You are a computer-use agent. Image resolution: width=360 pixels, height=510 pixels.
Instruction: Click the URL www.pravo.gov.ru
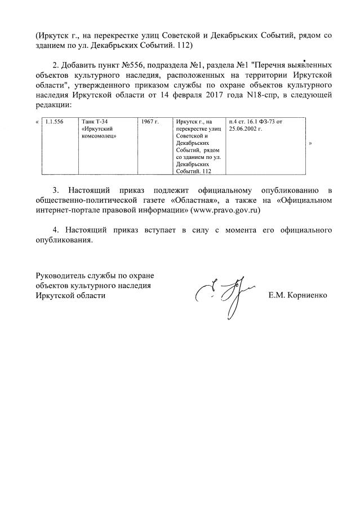click(225, 209)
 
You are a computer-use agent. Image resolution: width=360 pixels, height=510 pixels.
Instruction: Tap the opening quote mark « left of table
click(37, 122)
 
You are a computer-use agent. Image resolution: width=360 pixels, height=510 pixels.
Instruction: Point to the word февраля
click(184, 95)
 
